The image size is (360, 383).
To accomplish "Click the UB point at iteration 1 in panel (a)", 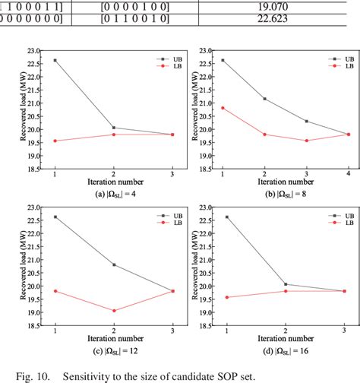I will tap(55, 60).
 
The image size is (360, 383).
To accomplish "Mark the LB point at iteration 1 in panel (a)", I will tap(55, 141).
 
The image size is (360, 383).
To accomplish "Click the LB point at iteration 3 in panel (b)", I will tap(306, 141).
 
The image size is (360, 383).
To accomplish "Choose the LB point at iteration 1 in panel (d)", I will tap(226, 297).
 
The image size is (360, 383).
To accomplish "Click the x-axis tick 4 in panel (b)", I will tap(348, 174).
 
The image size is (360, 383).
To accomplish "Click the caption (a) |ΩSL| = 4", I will tap(114, 195).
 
